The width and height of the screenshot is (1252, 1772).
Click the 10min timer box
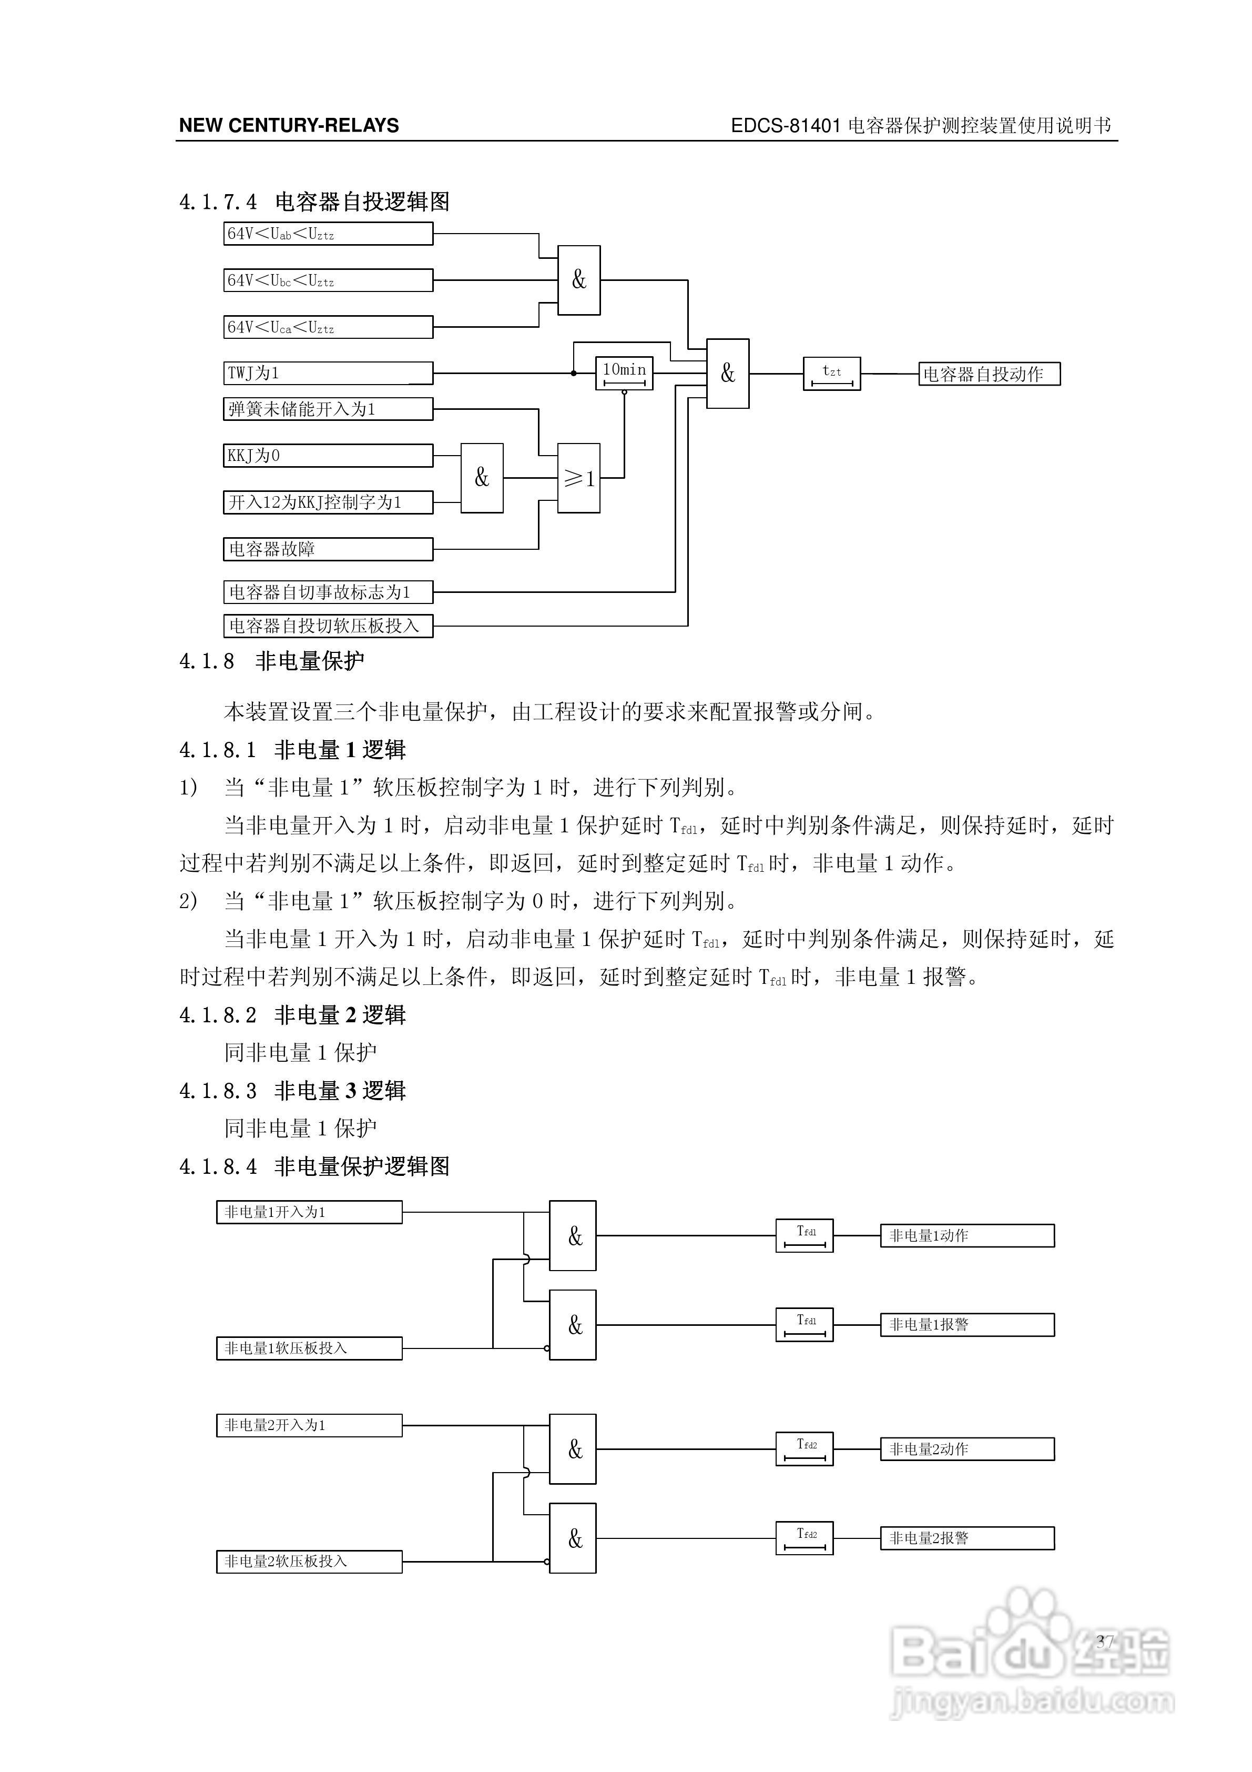pos(624,374)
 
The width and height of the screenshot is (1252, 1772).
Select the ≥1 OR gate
pos(578,478)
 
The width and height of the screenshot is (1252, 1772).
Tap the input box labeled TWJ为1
pos(328,374)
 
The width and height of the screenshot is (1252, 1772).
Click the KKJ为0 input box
pos(328,455)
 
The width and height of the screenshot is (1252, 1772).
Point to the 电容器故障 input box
pos(328,549)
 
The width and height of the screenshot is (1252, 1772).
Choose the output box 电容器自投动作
pos(989,374)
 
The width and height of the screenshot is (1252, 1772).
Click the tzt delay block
pos(831,374)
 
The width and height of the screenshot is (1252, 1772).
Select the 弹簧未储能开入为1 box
pos(328,409)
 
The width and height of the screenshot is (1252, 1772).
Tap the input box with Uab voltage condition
pos(328,234)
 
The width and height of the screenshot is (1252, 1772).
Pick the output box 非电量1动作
pos(966,1236)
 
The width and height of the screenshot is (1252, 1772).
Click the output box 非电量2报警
pos(966,1538)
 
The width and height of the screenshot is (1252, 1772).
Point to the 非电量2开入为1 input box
pos(309,1425)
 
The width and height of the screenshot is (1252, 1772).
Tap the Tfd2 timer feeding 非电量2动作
pos(804,1448)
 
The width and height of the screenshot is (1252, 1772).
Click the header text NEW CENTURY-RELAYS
pos(289,126)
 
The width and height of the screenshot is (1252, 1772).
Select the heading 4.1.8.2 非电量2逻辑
pos(292,1015)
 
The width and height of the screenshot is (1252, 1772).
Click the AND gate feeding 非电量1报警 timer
pos(573,1325)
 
